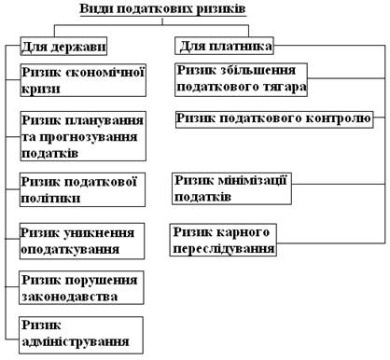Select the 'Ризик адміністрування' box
[83, 333]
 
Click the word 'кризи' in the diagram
[41, 90]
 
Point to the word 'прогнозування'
[84, 136]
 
